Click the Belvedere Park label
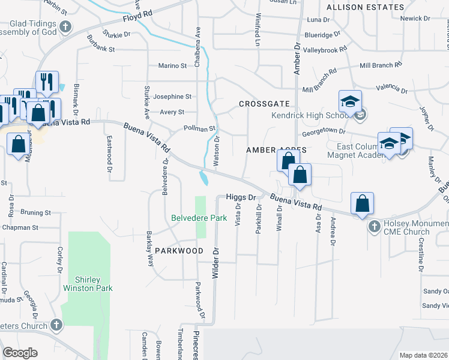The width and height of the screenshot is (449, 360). click(199, 218)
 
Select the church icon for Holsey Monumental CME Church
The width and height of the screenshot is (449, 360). click(374, 226)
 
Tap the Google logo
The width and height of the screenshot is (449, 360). click(20, 353)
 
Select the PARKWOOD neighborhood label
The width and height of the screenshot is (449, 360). click(179, 250)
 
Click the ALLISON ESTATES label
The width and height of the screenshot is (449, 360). click(365, 7)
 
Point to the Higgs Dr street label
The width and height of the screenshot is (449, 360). click(241, 197)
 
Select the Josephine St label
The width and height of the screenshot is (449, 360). click(172, 96)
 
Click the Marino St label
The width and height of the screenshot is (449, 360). click(172, 65)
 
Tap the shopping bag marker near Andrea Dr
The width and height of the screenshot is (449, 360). click(363, 204)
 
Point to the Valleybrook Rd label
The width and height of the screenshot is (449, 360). click(325, 50)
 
